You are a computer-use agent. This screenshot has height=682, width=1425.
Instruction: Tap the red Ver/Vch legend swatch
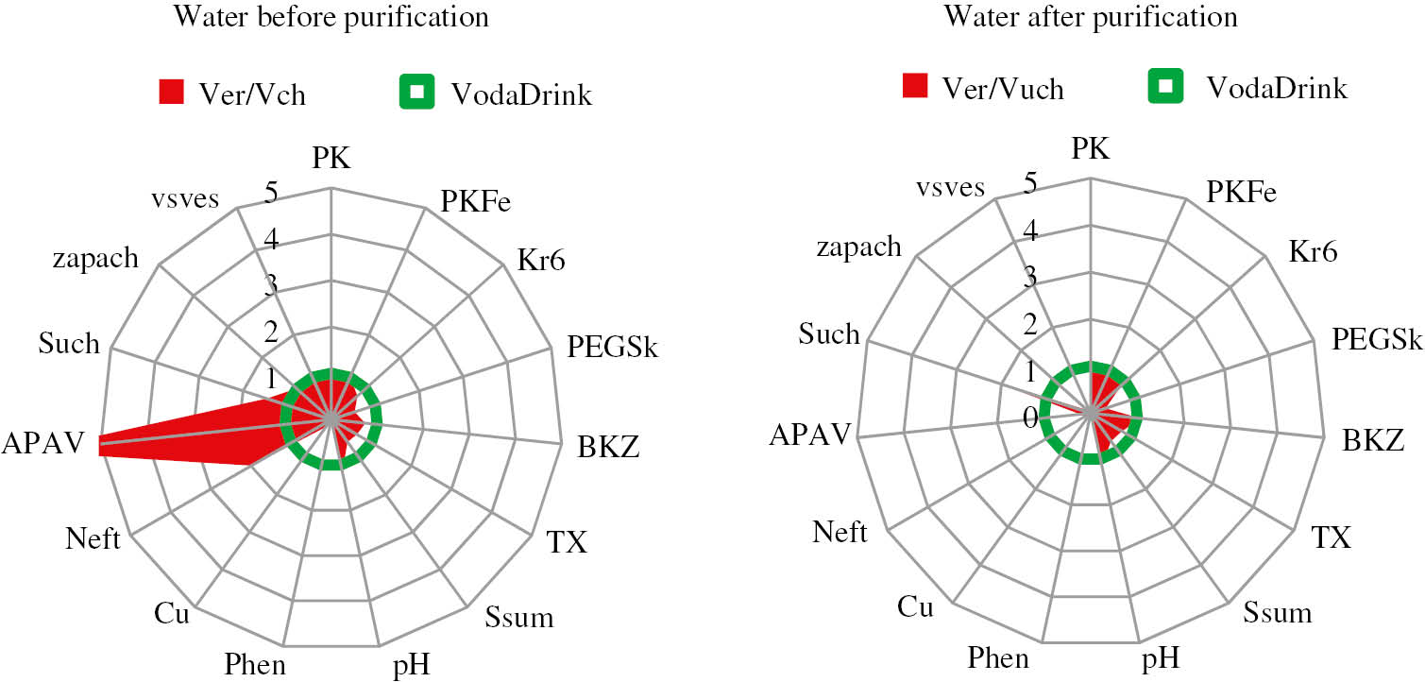(171, 92)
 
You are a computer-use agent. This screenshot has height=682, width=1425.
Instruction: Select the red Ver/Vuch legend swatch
(915, 86)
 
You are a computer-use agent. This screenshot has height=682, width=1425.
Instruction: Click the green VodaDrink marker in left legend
(416, 92)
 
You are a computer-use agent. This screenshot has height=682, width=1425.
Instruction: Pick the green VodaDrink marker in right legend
(1165, 86)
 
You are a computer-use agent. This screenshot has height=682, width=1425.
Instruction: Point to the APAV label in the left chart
(43, 443)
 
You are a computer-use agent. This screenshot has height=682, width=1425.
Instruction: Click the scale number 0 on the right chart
(1030, 417)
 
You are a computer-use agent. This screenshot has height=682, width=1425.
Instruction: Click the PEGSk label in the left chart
(612, 347)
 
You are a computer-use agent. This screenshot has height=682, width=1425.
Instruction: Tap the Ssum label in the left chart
(519, 619)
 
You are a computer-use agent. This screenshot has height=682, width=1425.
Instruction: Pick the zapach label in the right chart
(858, 247)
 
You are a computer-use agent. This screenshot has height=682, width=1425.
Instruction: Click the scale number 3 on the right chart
(1030, 278)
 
